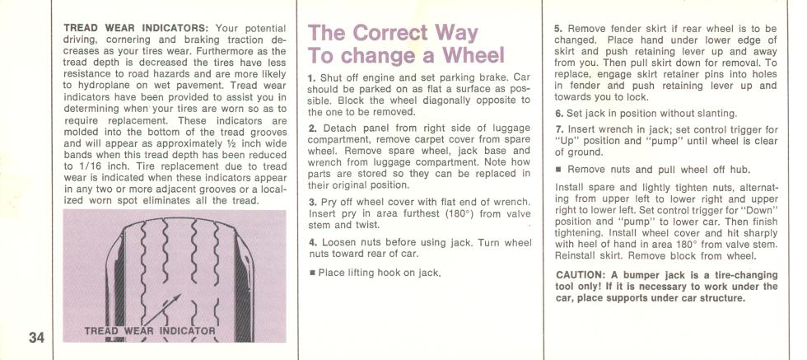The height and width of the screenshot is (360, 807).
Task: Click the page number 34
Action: pos(36,338)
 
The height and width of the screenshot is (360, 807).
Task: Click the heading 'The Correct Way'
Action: pos(394,33)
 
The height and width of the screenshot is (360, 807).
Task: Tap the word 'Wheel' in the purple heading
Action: pos(473,55)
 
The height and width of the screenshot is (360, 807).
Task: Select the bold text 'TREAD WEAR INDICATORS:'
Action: pos(136,28)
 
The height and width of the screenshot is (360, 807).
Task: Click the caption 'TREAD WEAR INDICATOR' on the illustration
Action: pos(150,330)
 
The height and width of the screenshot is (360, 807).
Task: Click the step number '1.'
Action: pos(312,78)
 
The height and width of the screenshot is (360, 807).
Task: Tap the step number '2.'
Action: pos(312,129)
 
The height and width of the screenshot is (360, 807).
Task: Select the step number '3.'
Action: pos(312,203)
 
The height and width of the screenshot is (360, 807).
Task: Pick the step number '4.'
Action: pos(312,242)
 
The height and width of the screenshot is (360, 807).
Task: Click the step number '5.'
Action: pos(558,29)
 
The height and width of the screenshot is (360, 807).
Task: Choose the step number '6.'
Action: pos(558,114)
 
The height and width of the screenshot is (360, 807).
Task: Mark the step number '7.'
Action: pos(558,130)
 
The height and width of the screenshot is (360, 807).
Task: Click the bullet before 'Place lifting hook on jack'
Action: pos(312,273)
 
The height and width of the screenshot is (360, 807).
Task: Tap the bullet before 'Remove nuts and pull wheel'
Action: pos(558,170)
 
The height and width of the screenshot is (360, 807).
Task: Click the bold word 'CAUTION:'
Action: pos(578,275)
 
